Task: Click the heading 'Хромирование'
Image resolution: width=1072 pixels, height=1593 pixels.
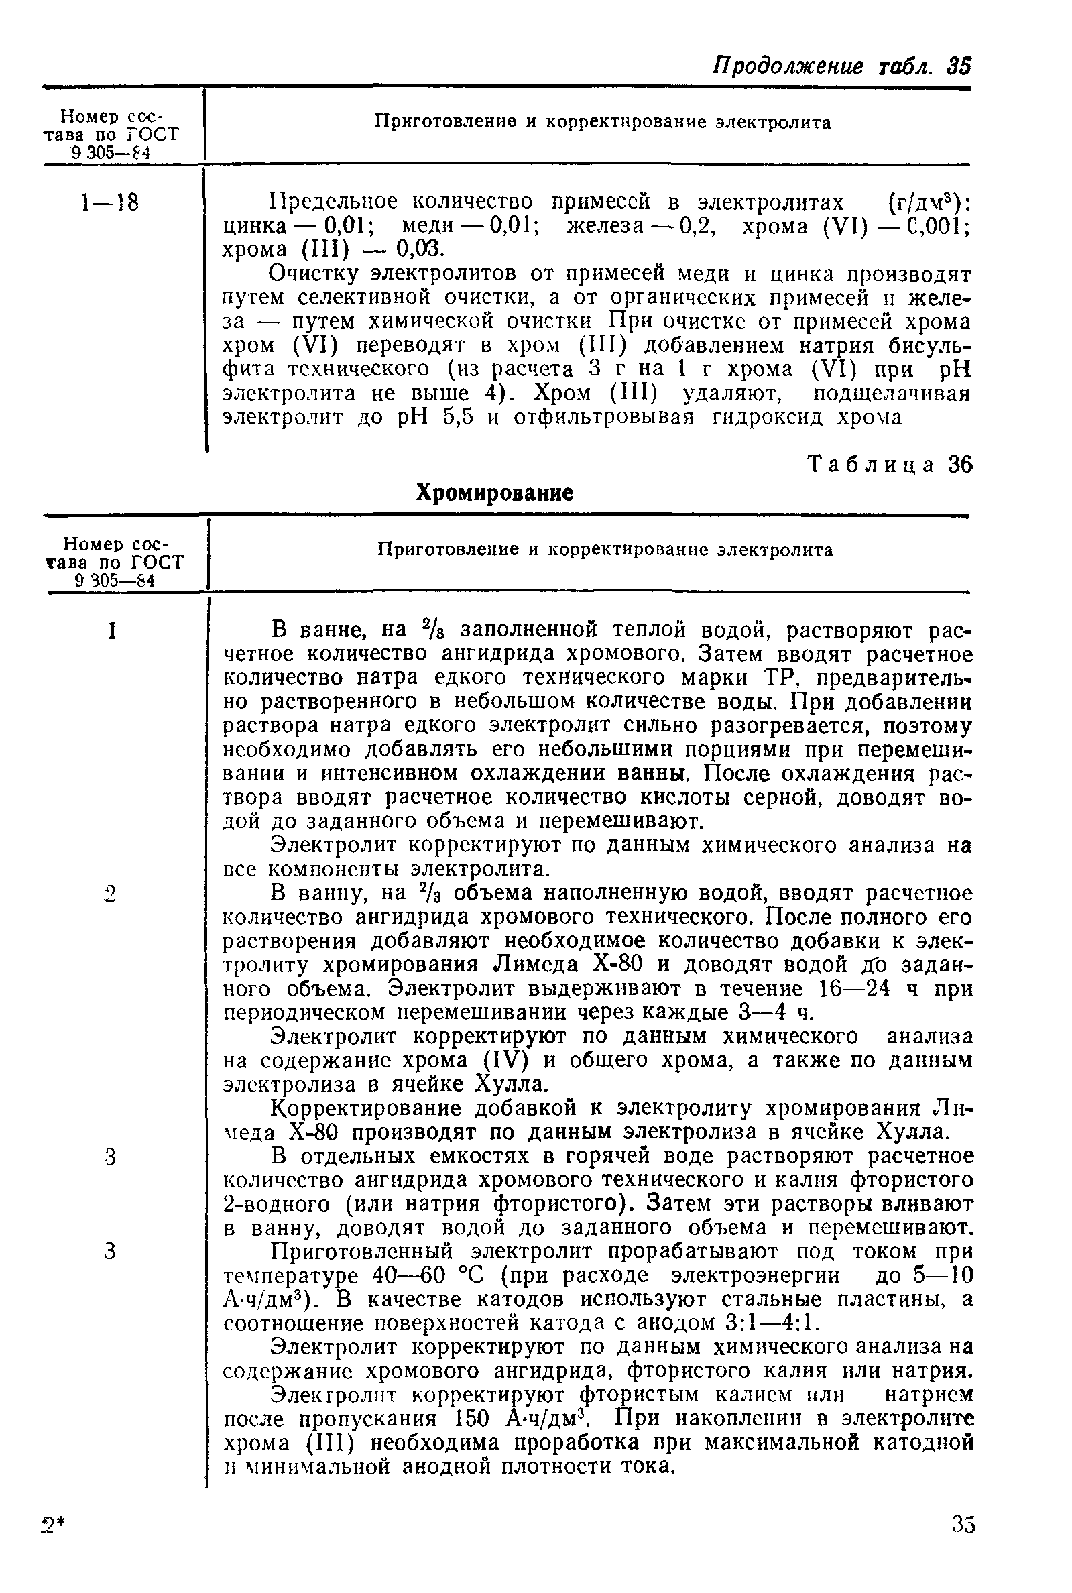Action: pyautogui.click(x=494, y=493)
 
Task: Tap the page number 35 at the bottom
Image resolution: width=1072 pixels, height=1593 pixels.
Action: pyautogui.click(x=963, y=1543)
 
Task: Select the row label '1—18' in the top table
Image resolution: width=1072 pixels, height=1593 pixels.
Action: pyautogui.click(x=110, y=202)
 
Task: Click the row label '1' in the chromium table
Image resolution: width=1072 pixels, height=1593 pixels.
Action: pyautogui.click(x=111, y=630)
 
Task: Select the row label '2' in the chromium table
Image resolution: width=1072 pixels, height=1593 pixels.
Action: pyautogui.click(x=111, y=893)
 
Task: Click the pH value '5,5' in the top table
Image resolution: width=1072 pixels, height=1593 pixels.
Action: pyautogui.click(x=458, y=417)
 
